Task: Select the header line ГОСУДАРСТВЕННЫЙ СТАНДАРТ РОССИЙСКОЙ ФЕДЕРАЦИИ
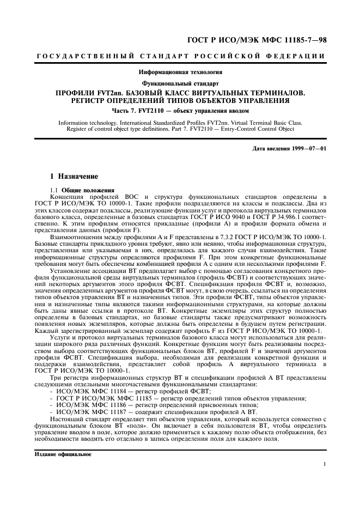[x=180, y=57]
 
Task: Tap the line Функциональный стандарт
[x=180, y=83]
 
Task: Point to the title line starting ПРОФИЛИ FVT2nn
[x=180, y=93]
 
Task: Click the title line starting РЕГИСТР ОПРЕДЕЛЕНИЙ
[x=180, y=101]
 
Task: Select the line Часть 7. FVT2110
[x=180, y=112]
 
